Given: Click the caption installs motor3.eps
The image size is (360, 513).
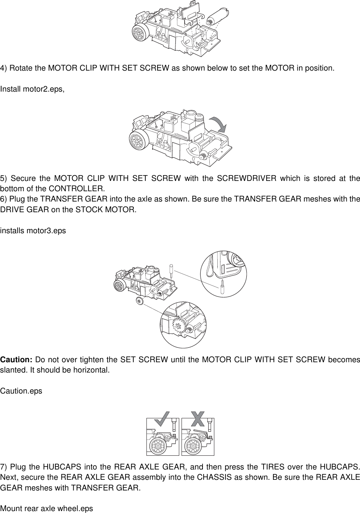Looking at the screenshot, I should click(x=33, y=231).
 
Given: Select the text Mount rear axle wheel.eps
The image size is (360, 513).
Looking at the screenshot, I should click(x=47, y=508).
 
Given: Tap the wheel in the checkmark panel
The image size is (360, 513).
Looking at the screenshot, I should click(x=157, y=445).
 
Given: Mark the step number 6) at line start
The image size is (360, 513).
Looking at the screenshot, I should click(x=4, y=199).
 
